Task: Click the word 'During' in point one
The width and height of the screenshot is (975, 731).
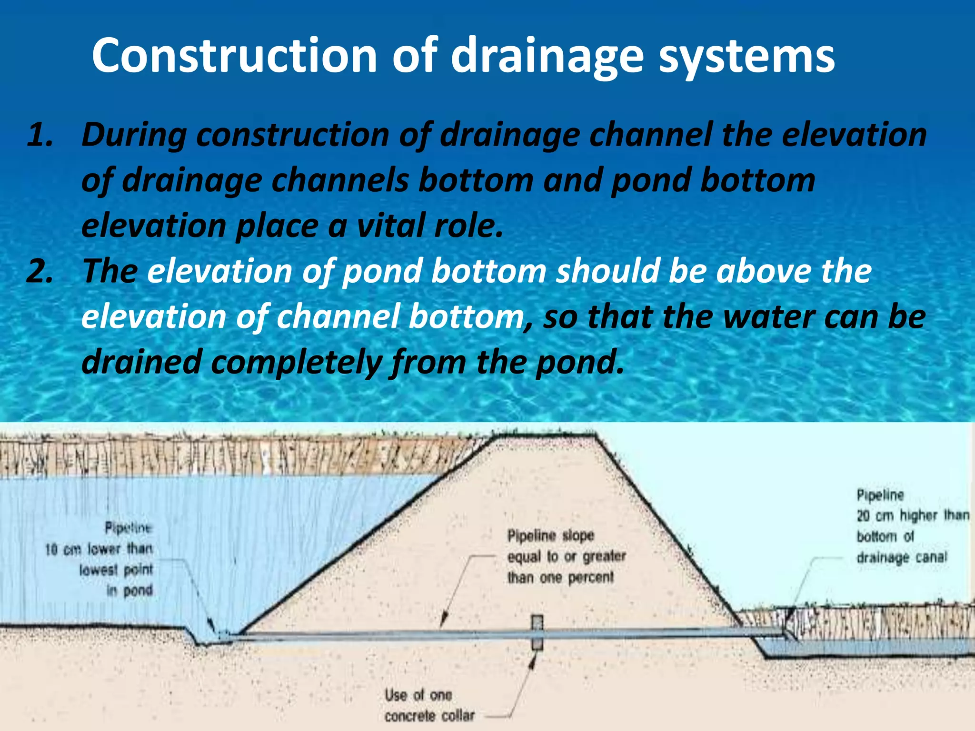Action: point(134,135)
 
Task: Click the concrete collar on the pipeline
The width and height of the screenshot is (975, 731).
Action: point(537,633)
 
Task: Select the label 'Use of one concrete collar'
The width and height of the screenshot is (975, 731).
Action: point(428,705)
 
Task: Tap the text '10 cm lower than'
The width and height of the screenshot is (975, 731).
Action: point(99,550)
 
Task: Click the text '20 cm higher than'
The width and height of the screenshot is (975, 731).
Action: point(912,516)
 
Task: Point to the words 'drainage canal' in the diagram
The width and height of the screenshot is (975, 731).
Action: point(902,557)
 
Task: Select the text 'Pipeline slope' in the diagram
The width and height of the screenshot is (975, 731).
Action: point(550,536)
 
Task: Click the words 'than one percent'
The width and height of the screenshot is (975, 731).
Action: point(560,578)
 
